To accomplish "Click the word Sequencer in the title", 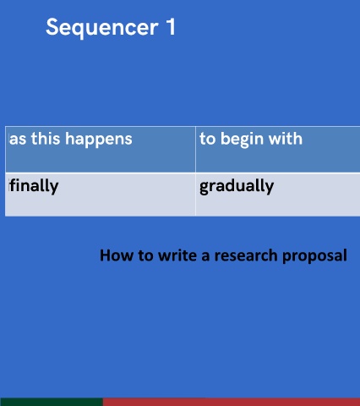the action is coord(102,28).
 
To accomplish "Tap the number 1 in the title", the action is coord(171,26).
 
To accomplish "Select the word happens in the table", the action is coord(99,140).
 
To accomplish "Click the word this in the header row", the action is coord(46,139).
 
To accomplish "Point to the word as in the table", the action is coord(18,140).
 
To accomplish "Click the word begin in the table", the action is coord(242,140).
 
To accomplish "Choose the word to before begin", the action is coord(208,139).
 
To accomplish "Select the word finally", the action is coord(34,186).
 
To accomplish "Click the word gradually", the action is coord(237,186).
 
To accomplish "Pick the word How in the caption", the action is coord(117,255).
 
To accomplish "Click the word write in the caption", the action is coord(178,255).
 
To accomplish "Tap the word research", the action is coord(246,255).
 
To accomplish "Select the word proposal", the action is coord(314,256).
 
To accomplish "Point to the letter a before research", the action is coord(206,256).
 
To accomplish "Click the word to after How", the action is coord(145,256).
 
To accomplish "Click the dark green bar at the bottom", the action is coord(52,402).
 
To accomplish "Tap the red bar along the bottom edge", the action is coord(232,402).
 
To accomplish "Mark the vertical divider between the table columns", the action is coord(195,172).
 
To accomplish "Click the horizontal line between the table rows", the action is coord(183,173).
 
